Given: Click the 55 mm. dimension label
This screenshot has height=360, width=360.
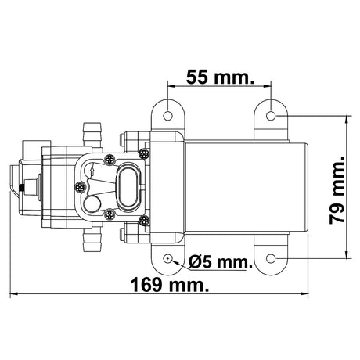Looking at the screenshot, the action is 220,77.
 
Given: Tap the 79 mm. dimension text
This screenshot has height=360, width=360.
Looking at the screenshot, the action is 337,190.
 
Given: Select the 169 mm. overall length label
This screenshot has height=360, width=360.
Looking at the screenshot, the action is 170,285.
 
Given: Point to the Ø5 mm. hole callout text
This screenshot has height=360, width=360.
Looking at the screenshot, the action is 221,261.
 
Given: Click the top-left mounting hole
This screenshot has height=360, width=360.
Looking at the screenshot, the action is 167,115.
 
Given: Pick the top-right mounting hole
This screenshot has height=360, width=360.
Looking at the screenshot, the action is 271,115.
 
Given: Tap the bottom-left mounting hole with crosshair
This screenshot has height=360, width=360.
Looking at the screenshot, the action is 167,258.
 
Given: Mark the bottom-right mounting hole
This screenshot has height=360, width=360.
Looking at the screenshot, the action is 271,258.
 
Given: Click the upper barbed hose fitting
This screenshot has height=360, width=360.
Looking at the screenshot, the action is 92,135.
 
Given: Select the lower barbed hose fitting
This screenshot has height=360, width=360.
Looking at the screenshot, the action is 92,238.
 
